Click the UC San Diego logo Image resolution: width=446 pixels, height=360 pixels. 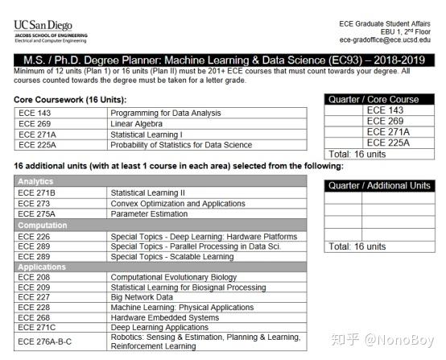pos(50,31)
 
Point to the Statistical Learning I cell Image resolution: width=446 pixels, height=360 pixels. pos(147,134)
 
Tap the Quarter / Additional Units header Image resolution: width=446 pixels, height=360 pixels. pos(378,186)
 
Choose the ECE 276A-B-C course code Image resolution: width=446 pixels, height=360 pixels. pos(45,341)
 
